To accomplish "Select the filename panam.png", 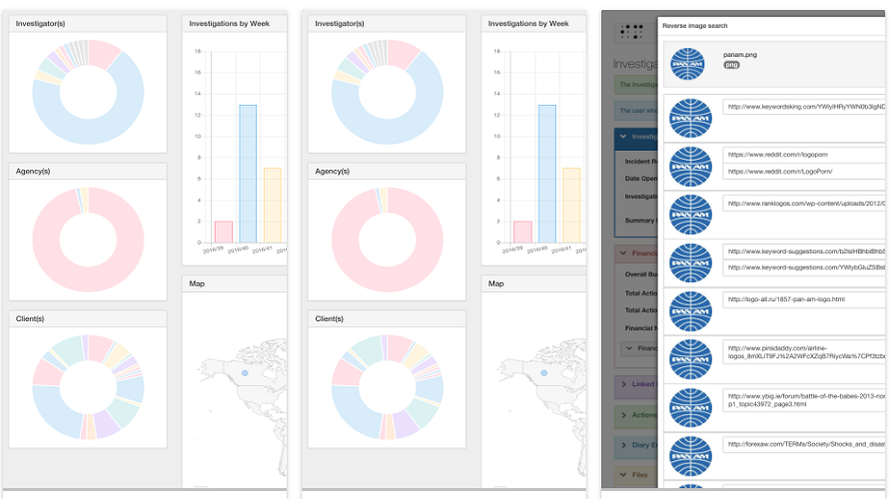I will [x=740, y=54].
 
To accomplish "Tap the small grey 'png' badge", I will [x=731, y=65].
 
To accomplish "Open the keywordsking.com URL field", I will [x=804, y=107].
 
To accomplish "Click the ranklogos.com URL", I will [x=804, y=204].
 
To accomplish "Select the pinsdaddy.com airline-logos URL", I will [x=804, y=352].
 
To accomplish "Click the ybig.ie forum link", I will [x=804, y=400].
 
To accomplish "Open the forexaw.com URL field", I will [x=804, y=444].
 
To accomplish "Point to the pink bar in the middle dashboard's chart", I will [x=521, y=232].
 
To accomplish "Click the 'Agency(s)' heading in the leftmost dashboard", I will [x=33, y=171].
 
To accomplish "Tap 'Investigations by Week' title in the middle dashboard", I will [x=528, y=23].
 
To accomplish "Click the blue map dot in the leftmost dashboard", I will [x=245, y=373].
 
